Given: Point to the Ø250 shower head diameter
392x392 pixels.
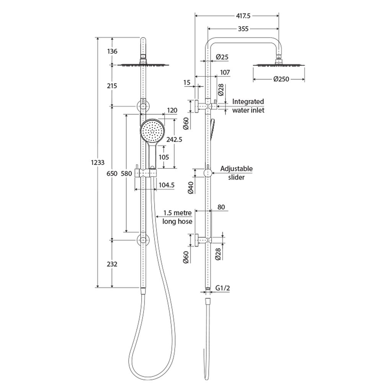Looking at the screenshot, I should [x=281, y=79].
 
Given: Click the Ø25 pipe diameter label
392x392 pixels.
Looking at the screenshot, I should [x=222, y=57].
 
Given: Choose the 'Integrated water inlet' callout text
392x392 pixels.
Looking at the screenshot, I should [x=248, y=106].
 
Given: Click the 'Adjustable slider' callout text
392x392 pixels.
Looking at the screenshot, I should [x=236, y=173].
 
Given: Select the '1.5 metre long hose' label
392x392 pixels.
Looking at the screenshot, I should [x=177, y=217].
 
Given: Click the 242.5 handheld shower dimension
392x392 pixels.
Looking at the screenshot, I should [x=174, y=140].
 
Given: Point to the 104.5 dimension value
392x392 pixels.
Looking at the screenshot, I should [x=167, y=185].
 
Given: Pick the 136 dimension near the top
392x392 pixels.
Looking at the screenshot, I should [x=112, y=51].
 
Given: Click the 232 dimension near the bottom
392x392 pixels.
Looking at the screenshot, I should [x=112, y=264].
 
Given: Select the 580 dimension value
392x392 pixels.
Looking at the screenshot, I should [x=127, y=173].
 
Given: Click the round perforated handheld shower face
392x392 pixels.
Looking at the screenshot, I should [x=152, y=131].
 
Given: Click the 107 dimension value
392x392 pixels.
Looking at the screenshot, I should [x=225, y=72].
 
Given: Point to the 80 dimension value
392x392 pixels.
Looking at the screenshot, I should [x=221, y=207].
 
